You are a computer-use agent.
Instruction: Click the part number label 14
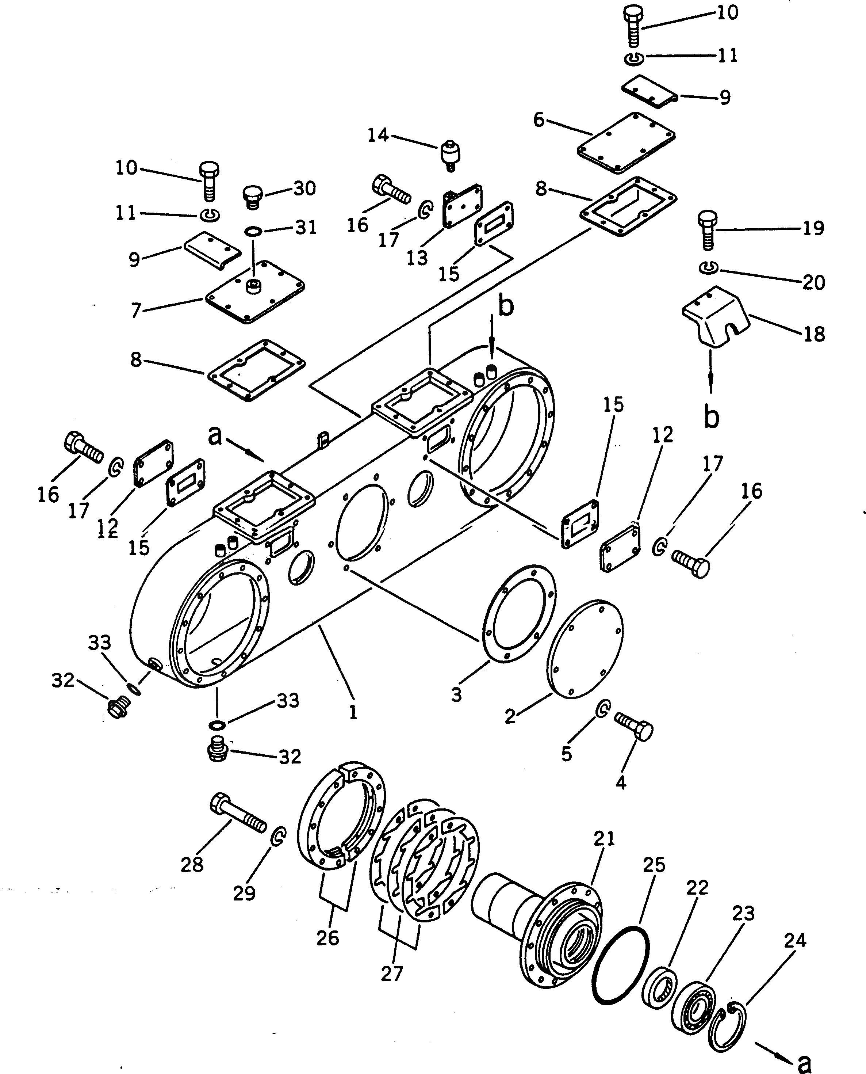point(378,135)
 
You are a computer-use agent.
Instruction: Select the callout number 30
point(304,188)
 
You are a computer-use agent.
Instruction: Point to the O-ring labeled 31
point(253,231)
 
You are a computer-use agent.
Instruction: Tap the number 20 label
point(813,282)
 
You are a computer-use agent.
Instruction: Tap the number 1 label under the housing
point(353,712)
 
